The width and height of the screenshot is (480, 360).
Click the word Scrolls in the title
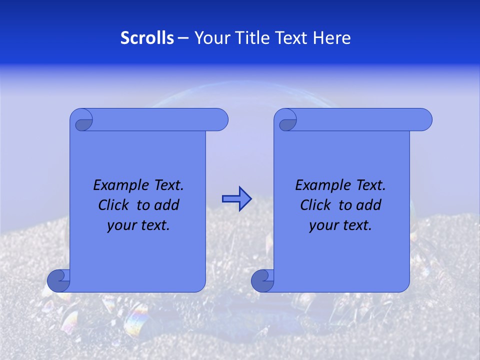(x=147, y=38)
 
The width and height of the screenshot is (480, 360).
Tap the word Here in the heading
(x=332, y=38)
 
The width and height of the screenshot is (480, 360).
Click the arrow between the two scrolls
(x=236, y=199)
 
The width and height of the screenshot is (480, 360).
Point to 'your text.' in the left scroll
(x=138, y=225)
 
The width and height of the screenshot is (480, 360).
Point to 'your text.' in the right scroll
(x=340, y=225)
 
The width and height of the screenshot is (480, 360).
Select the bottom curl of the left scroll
(x=58, y=281)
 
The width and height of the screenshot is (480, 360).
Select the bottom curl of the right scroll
(x=262, y=281)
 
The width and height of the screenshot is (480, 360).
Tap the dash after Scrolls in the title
(x=183, y=38)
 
